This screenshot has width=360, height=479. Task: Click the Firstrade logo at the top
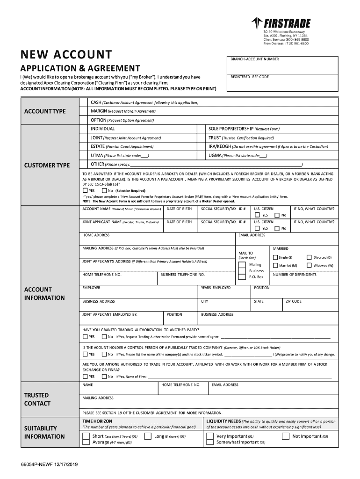click(281, 23)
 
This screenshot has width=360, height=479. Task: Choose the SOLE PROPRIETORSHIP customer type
click(244, 129)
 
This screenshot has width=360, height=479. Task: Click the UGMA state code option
click(238, 155)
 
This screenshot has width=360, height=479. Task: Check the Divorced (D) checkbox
click(309, 257)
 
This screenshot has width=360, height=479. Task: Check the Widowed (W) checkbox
click(309, 265)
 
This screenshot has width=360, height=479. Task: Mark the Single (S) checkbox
click(275, 257)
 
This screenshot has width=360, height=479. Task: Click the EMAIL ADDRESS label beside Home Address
click(252, 235)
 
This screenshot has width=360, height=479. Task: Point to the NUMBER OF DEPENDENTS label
click(295, 275)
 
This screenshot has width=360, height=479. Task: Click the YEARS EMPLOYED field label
click(216, 288)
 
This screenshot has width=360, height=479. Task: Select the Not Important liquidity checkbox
click(285, 436)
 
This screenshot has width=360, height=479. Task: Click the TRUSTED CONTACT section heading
click(37, 399)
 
